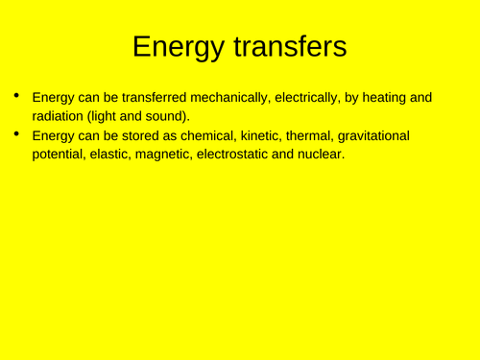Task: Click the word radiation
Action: [59, 117]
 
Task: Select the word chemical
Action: [198, 136]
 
